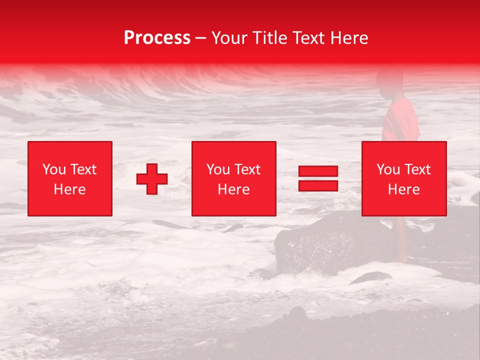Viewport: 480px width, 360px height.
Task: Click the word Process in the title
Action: (157, 38)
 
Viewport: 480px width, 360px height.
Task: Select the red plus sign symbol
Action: (152, 178)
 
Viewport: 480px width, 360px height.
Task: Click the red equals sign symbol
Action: (318, 178)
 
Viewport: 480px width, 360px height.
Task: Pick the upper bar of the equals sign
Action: (318, 171)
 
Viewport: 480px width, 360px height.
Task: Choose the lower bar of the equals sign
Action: (318, 185)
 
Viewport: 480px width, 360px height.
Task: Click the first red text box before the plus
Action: (70, 178)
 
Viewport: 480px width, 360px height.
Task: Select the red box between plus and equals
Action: (233, 178)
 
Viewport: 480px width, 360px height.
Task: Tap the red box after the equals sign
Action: (403, 178)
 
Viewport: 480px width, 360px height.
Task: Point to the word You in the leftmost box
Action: (54, 169)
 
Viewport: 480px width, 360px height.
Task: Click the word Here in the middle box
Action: (233, 189)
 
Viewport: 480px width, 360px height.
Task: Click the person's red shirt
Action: (400, 120)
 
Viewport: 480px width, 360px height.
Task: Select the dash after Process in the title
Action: (201, 38)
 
